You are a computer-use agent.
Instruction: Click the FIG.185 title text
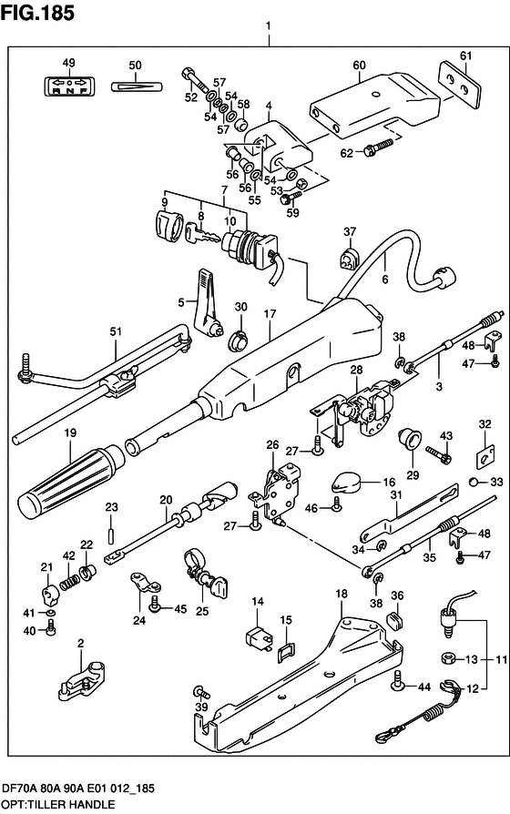point(37,13)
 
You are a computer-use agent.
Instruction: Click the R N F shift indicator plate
point(68,85)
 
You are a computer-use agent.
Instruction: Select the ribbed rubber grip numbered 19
point(71,475)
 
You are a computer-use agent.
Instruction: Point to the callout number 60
point(359,66)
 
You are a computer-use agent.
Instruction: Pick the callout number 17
point(270,315)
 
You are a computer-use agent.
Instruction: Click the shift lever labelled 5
point(209,304)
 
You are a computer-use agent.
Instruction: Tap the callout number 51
point(116,331)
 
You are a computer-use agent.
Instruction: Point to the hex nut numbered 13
point(448,659)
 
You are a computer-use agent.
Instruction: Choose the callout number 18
point(342,594)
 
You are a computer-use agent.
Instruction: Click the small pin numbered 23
point(111,534)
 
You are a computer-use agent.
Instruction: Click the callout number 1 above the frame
point(269,25)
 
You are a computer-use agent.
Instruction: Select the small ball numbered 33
point(474,483)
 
